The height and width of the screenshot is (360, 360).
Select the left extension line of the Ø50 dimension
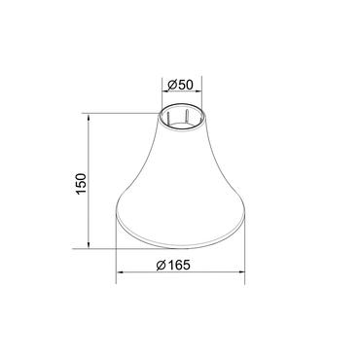coord(162,97)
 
